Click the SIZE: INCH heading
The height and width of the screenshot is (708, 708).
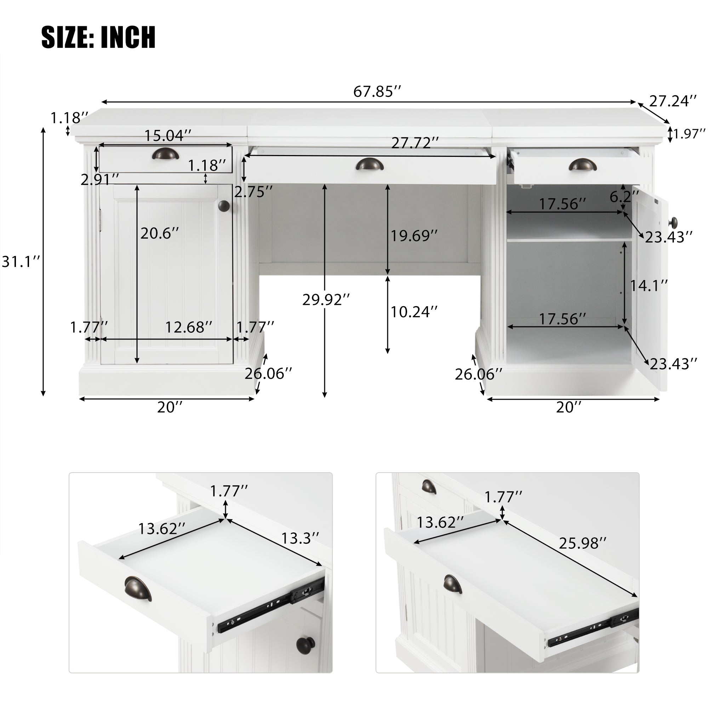click(x=98, y=37)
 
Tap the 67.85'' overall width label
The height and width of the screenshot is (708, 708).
click(x=377, y=92)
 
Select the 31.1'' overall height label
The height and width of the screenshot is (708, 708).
click(x=21, y=262)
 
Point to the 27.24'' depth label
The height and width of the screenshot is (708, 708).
click(x=673, y=101)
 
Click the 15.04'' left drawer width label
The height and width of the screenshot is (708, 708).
click(x=168, y=136)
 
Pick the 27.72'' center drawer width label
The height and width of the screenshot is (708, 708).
click(x=415, y=143)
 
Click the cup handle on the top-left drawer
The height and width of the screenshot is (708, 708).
click(x=166, y=154)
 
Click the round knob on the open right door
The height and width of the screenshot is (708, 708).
click(x=674, y=222)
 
